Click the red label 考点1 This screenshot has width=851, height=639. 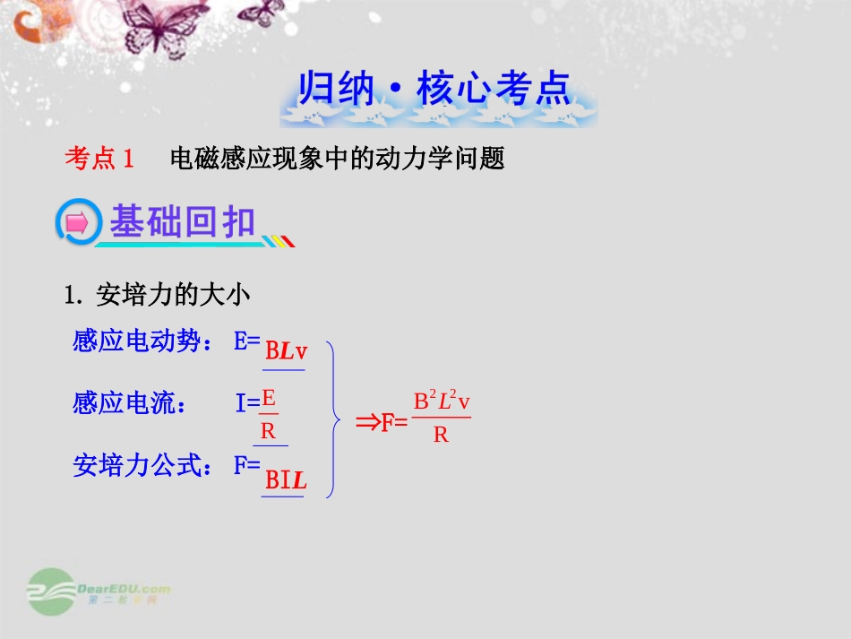click(x=99, y=159)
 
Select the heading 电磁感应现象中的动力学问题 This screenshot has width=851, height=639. click(x=338, y=159)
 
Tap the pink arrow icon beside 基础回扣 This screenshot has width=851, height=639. click(x=77, y=223)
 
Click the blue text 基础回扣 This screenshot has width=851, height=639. click(x=183, y=222)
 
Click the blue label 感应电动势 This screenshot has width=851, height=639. click(x=135, y=341)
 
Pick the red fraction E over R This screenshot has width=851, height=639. click(x=268, y=414)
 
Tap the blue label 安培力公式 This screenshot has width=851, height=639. click(x=143, y=465)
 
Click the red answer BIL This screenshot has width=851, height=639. click(x=286, y=480)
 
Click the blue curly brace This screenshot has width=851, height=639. click(x=333, y=418)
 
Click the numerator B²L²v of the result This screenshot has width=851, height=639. click(x=442, y=402)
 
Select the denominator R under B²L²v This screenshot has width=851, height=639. click(x=441, y=436)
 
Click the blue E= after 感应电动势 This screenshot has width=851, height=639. click(x=246, y=341)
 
